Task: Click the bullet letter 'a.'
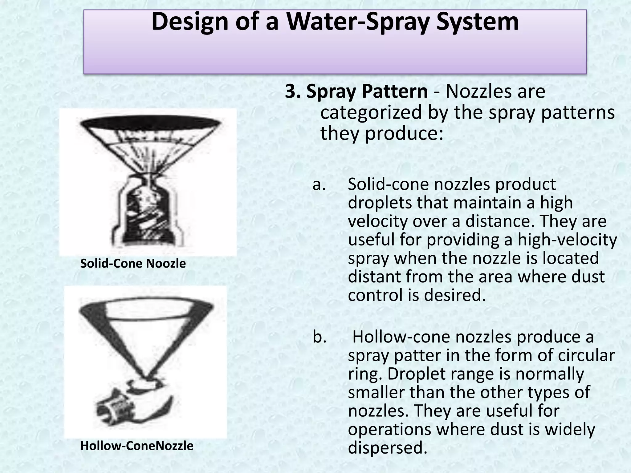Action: point(319,184)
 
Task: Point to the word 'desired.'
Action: point(455,295)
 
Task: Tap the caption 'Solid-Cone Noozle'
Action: point(133,264)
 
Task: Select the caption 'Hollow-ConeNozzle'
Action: point(137,446)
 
